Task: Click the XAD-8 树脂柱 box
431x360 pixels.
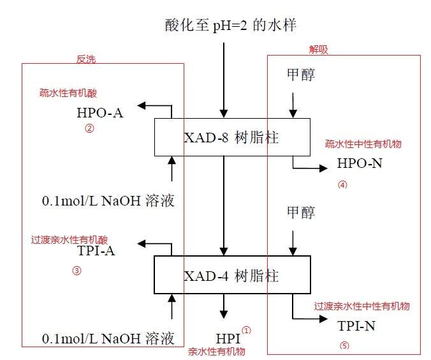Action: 232,137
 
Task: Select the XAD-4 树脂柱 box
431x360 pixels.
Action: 232,276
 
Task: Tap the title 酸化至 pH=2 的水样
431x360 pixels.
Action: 230,26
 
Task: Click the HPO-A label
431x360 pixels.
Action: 99,114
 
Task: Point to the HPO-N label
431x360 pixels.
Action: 360,165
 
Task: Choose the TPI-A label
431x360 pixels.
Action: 96,251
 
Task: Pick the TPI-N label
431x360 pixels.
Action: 356,327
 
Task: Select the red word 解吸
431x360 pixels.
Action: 317,50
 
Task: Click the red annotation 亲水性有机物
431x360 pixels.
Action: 216,351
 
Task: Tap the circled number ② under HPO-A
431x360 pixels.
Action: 89,128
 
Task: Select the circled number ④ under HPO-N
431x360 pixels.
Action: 342,185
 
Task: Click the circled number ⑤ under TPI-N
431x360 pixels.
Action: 345,347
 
